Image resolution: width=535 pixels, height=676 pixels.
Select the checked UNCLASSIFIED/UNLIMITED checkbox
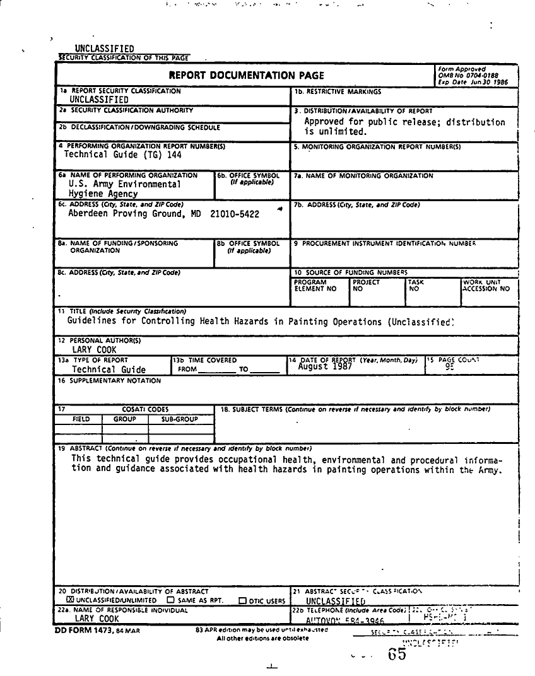coord(70,600)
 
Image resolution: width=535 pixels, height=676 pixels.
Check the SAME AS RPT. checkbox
coord(170,600)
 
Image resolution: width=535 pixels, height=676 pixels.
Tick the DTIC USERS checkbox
coord(242,601)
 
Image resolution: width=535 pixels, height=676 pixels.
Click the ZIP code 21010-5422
coord(235,214)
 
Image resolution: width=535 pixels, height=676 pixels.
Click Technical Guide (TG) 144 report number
coord(122,154)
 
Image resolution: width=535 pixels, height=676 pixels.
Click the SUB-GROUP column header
coord(180,419)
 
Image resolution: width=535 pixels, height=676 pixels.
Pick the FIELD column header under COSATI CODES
coord(81,419)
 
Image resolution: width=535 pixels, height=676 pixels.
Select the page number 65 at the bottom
coord(397,654)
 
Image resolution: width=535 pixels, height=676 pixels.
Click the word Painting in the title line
coord(309,322)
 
